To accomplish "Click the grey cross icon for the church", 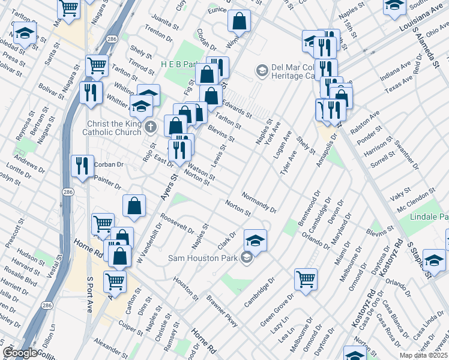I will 150,127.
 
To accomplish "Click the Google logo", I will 20,353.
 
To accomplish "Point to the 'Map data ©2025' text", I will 423,355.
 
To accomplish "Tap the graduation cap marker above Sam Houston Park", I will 256,241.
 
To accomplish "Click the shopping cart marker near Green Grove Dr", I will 306,279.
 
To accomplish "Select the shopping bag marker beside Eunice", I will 239,21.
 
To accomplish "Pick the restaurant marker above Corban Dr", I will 82,166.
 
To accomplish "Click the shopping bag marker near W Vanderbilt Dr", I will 134,206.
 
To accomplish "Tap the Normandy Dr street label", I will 259,203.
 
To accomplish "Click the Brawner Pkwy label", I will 222,312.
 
